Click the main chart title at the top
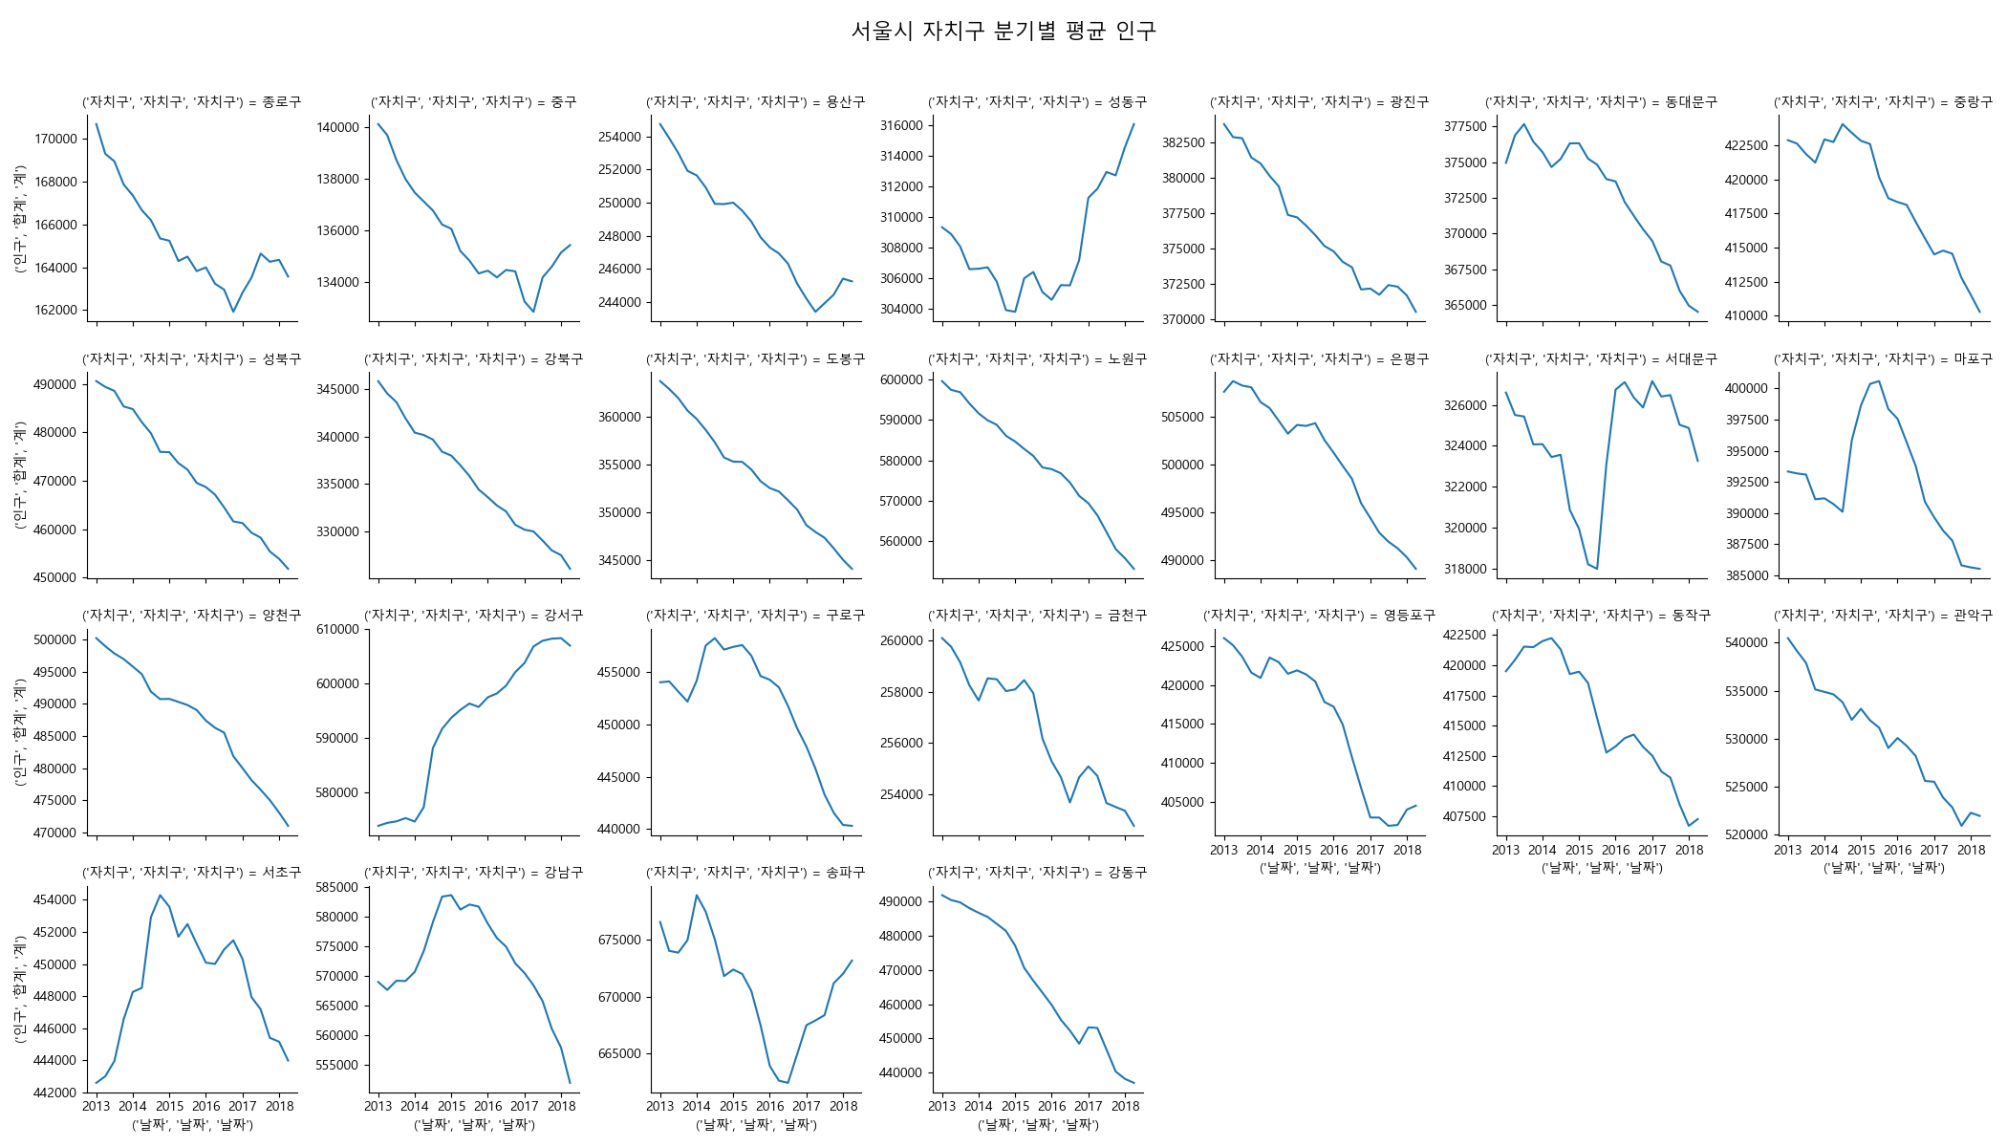1003,32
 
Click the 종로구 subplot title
191,102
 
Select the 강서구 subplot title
473,616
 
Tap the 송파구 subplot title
755,873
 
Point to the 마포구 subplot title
1883,359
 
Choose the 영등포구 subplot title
1319,616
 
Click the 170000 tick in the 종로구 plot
56,140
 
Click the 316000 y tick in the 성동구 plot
901,126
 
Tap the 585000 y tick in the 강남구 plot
337,888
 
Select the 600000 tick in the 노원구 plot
901,380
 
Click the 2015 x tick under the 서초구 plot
169,1107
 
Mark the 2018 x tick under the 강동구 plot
1125,1107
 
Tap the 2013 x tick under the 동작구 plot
1505,851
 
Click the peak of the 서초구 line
160,896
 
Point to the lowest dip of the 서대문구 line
1597,569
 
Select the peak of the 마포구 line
1879,381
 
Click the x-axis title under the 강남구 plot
474,1125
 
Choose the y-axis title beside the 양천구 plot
20,732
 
